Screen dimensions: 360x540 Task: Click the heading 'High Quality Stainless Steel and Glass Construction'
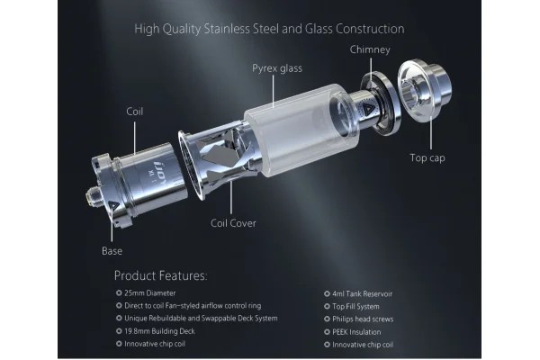269,29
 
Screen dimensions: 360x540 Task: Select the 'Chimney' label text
369,49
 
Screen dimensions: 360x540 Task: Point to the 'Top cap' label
427,157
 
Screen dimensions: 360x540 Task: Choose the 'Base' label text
112,250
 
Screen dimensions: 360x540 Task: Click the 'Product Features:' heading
160,274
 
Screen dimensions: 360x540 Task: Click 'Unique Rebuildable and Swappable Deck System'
201,319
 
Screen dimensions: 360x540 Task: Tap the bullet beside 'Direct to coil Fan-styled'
118,306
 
